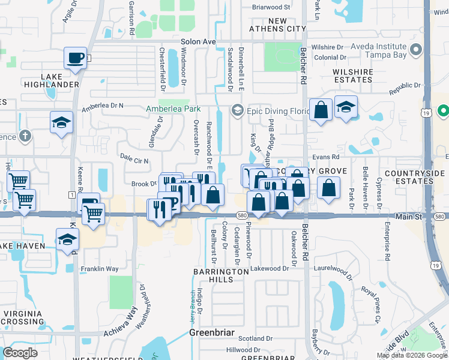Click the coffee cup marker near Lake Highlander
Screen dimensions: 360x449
pyautogui.click(x=75, y=58)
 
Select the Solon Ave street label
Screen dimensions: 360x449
pyautogui.click(x=198, y=41)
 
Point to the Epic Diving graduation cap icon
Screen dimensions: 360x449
pyautogui.click(x=237, y=110)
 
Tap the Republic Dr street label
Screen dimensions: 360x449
pyautogui.click(x=403, y=89)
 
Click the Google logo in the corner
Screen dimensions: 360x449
pyautogui.click(x=20, y=352)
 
